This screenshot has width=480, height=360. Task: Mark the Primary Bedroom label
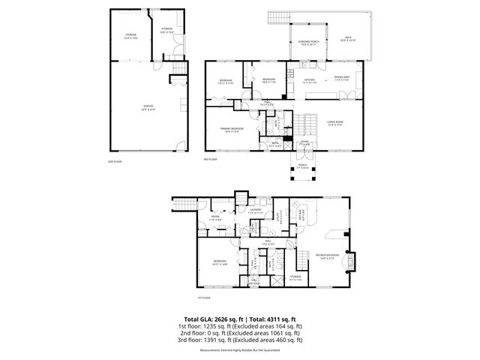point(232,129)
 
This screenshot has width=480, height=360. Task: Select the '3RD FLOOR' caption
point(209,159)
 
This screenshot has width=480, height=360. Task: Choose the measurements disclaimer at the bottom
point(240,350)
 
